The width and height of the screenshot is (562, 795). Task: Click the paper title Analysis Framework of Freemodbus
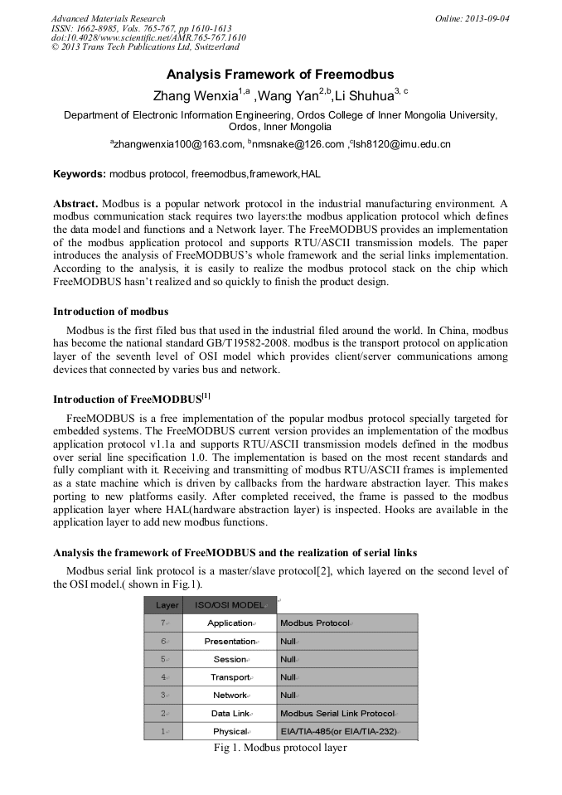point(280,75)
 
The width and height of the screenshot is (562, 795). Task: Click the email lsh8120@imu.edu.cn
point(402,144)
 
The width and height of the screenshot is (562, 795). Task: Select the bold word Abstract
point(76,204)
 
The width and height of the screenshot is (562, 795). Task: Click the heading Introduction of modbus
point(110,312)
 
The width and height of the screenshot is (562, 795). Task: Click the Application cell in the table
point(230,623)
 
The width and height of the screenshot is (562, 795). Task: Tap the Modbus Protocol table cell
point(315,623)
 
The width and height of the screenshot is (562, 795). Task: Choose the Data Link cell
point(230,714)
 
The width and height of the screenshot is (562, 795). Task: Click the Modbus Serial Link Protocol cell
point(337,714)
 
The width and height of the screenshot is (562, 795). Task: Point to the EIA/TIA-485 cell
point(338,731)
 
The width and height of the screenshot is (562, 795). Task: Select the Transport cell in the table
point(230,677)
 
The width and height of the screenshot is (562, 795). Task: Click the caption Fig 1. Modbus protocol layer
point(279,748)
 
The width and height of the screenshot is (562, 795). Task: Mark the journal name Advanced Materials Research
point(108,18)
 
